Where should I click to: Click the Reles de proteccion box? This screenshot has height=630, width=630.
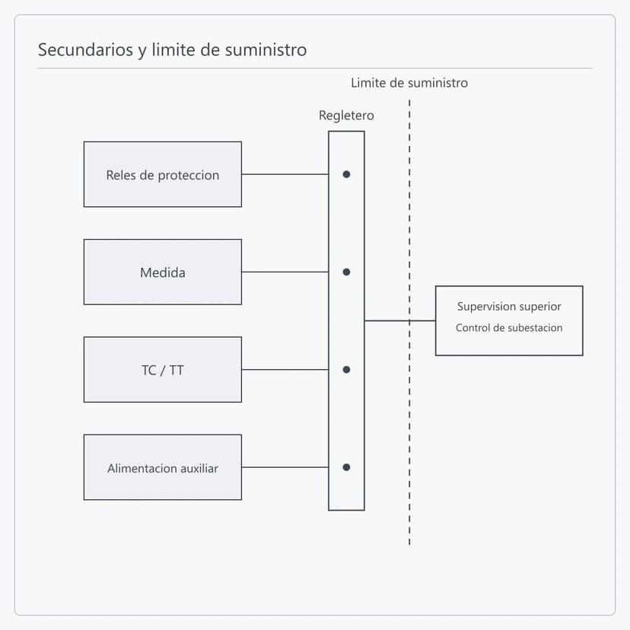pyautogui.click(x=163, y=174)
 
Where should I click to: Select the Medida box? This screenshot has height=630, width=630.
pyautogui.click(x=163, y=272)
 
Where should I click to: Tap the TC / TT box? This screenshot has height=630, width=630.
pyautogui.click(x=163, y=370)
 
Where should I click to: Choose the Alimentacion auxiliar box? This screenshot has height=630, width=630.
pyautogui.click(x=163, y=467)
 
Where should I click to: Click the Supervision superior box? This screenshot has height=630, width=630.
pyautogui.click(x=509, y=320)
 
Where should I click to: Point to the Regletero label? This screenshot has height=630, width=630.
pyautogui.click(x=346, y=116)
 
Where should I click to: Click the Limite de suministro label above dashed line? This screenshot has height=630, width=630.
pyautogui.click(x=409, y=83)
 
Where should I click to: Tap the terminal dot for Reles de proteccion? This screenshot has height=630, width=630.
pyautogui.click(x=346, y=174)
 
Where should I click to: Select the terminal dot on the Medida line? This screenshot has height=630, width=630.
pyautogui.click(x=346, y=272)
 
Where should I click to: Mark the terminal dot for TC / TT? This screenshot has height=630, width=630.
pyautogui.click(x=346, y=370)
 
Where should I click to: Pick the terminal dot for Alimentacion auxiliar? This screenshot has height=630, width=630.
pyautogui.click(x=346, y=467)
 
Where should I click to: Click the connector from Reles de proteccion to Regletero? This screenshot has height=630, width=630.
pyautogui.click(x=285, y=174)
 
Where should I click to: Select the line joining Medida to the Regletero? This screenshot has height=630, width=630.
pyautogui.click(x=285, y=272)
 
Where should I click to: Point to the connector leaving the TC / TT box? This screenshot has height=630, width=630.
pyautogui.click(x=285, y=370)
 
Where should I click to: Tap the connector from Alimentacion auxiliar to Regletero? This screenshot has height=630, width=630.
pyautogui.click(x=285, y=467)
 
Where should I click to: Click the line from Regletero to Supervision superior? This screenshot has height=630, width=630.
pyautogui.click(x=400, y=320)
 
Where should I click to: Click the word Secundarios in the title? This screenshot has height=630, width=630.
pyautogui.click(x=85, y=49)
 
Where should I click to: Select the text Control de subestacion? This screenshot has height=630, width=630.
pyautogui.click(x=509, y=328)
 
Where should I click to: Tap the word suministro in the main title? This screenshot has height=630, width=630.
pyautogui.click(x=266, y=49)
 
